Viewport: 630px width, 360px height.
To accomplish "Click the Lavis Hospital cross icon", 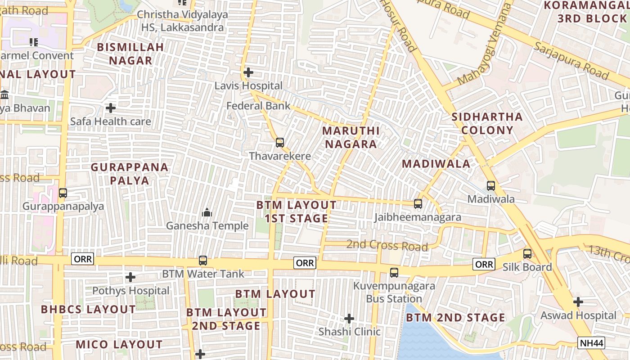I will pos(248,72).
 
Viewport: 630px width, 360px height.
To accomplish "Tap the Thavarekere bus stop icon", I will pos(280,143).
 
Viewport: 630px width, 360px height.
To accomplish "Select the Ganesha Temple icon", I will pos(207,212).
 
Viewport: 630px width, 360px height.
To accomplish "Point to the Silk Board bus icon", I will pos(527,254).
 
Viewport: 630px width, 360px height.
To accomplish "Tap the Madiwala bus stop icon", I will pos(491,185).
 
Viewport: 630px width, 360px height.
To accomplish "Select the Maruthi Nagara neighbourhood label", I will pos(351,137).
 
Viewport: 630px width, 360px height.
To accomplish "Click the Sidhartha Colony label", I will pos(487,123).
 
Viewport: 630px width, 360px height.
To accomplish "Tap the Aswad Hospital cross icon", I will pos(578,301).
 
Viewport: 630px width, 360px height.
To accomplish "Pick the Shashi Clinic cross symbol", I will pos(349,319).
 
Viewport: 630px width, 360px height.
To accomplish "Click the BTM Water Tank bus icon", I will pos(203,261).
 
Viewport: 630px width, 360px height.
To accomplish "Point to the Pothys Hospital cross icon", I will pos(130,277).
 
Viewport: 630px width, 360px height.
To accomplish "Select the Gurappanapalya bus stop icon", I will pos(63,193).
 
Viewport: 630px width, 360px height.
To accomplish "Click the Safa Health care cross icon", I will pos(111,108).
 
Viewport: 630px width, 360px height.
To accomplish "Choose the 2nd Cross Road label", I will pos(387,246).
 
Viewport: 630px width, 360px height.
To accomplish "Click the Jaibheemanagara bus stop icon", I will pos(418,204).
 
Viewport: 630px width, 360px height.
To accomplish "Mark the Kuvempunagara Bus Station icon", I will pos(394,272).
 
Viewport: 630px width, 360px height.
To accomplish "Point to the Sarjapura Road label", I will pos(571,60).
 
